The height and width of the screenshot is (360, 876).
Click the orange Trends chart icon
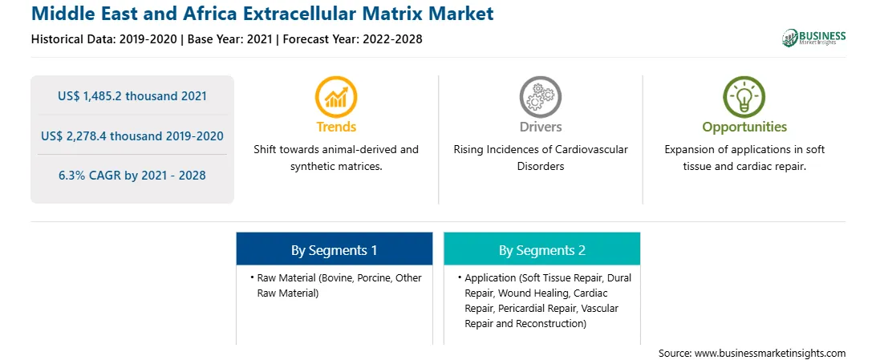pos(336,97)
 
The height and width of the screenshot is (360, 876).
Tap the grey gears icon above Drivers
pos(540,97)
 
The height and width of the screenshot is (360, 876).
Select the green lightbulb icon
pos(744,97)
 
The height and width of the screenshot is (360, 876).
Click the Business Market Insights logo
pos(814,38)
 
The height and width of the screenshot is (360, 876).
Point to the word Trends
pos(336,127)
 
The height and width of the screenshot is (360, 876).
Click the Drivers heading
pos(540,127)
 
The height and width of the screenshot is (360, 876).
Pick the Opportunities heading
pos(744,127)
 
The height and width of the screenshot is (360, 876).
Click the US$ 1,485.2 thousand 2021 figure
pos(132,96)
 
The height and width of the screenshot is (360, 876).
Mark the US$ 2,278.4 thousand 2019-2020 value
pos(132,136)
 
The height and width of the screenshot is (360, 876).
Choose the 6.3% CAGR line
pos(132,176)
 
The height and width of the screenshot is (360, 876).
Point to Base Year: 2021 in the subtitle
pos(229,39)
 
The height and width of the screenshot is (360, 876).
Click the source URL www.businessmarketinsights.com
pos(769,353)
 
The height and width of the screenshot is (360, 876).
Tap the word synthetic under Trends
pos(310,166)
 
